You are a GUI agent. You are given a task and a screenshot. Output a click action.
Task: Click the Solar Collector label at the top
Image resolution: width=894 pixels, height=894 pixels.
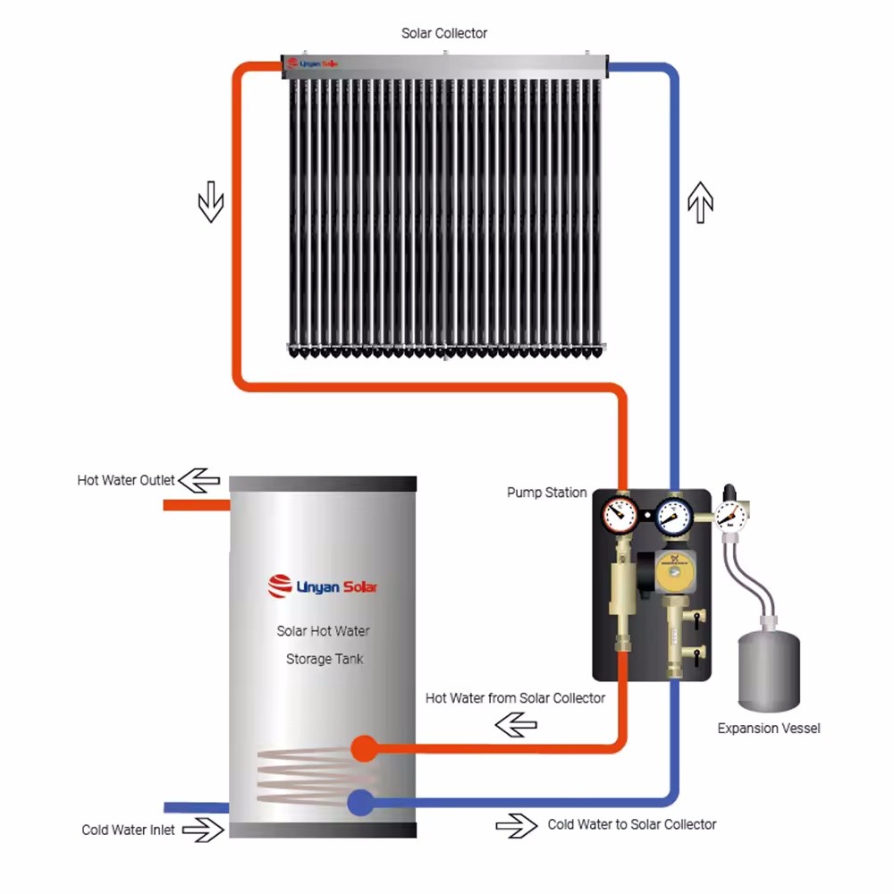tap(444, 33)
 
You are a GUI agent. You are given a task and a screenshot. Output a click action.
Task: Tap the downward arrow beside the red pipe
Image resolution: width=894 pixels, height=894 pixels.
tap(210, 201)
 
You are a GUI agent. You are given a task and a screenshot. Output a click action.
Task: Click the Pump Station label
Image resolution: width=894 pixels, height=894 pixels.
tap(546, 493)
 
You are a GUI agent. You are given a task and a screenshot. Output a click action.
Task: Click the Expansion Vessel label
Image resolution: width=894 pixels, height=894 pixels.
tap(768, 729)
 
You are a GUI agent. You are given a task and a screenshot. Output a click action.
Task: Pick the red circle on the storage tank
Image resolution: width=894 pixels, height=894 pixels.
tap(362, 748)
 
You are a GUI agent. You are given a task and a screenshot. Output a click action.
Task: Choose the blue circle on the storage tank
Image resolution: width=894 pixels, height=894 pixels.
tap(361, 802)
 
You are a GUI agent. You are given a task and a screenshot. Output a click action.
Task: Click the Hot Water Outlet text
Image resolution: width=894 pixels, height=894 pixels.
tap(126, 481)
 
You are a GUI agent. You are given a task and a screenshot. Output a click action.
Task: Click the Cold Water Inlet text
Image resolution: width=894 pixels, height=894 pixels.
tap(128, 830)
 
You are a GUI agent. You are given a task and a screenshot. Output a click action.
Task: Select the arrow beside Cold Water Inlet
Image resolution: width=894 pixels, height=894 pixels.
tap(204, 830)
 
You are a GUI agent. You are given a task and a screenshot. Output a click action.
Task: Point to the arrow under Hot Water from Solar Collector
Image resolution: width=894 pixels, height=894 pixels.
tap(517, 726)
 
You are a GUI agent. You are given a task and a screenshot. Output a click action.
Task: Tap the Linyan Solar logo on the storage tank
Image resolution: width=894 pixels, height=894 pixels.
tap(323, 586)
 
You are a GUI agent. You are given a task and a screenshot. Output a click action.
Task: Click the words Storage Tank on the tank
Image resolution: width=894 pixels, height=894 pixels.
tap(324, 659)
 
